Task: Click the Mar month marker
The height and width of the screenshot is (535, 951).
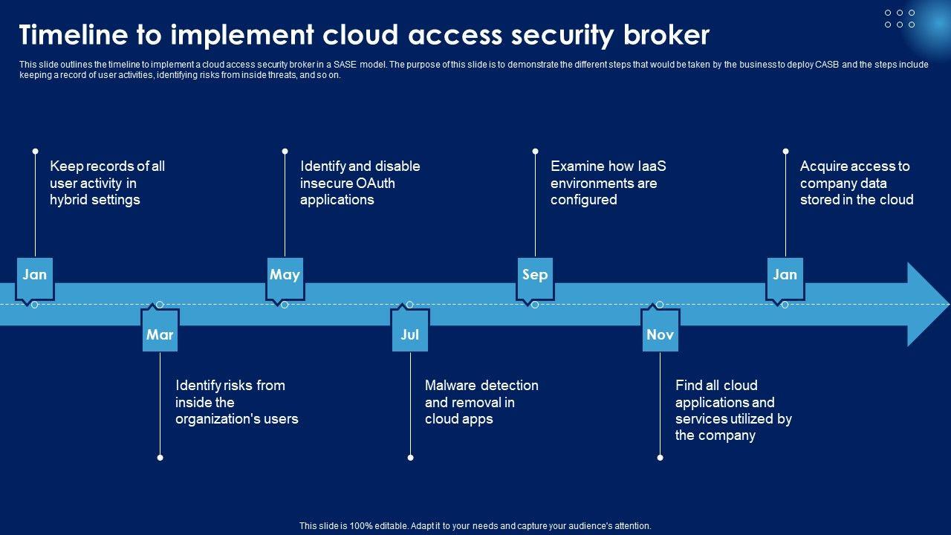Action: (x=160, y=334)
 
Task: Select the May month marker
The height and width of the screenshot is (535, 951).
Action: (x=285, y=275)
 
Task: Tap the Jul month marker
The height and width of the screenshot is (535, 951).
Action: (x=410, y=334)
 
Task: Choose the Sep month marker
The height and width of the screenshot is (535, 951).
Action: (x=535, y=275)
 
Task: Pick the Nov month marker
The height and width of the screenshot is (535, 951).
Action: (x=660, y=334)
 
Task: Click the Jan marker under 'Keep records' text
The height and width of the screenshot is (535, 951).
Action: (x=35, y=275)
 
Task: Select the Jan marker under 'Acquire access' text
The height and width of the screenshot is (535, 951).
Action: (x=785, y=275)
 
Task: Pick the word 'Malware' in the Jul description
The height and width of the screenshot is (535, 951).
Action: (x=451, y=385)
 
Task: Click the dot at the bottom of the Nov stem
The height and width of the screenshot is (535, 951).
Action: (x=660, y=458)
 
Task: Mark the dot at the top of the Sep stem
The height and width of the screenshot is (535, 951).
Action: (x=535, y=151)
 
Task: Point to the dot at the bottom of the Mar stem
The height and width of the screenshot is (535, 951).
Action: (x=160, y=458)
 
